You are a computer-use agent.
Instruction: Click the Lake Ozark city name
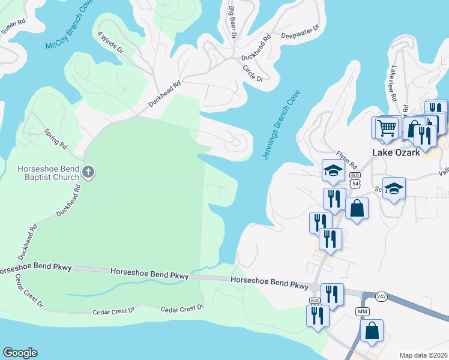tap(397, 152)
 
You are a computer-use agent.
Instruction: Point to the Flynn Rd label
tap(346, 159)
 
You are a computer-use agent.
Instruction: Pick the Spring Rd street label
tap(55, 137)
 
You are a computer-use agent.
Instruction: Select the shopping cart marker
tap(387, 128)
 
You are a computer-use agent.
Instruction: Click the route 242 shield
tap(381, 296)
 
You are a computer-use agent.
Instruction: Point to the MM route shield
tap(362, 312)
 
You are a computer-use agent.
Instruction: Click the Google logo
tap(20, 353)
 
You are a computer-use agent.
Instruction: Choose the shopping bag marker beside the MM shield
tap(372, 331)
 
